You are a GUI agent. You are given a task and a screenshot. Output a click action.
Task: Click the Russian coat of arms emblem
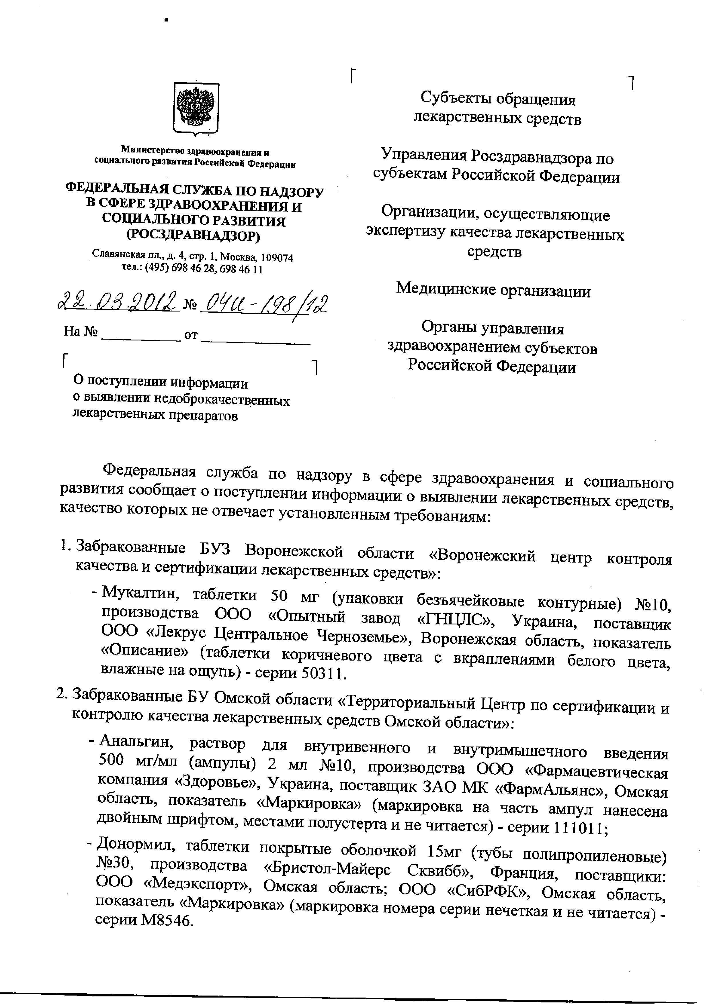196,108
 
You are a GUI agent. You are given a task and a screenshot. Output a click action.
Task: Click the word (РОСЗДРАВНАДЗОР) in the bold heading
193,236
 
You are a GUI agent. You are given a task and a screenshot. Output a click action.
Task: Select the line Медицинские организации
493,290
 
